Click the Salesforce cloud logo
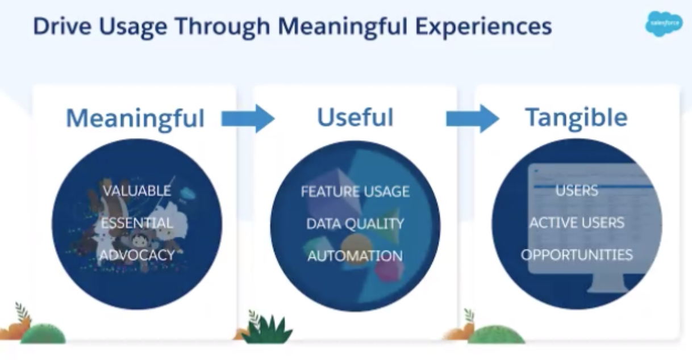coord(664,24)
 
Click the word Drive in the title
coord(62,26)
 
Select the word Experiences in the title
coord(484,27)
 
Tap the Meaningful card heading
coord(135,119)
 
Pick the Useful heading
coord(355,118)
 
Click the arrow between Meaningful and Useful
coord(248,119)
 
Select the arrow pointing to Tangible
coord(473,119)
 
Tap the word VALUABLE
coord(137,191)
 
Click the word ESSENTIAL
coord(137,223)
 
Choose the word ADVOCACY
coord(137,255)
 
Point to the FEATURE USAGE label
coord(355,191)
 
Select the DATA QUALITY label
coord(355,224)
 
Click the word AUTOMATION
coord(355,256)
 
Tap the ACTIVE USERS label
coord(577,223)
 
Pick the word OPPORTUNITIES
coord(577,255)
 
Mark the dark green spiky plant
coord(268,329)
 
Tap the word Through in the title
coord(223,27)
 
